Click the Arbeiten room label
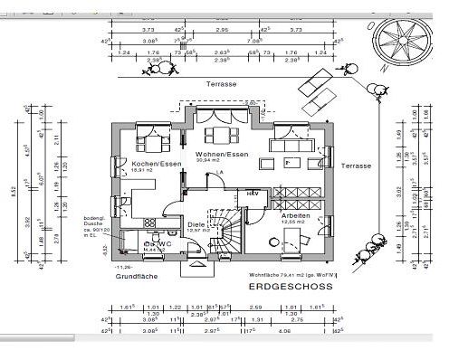click(294, 216)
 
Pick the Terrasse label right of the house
click(356, 166)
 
